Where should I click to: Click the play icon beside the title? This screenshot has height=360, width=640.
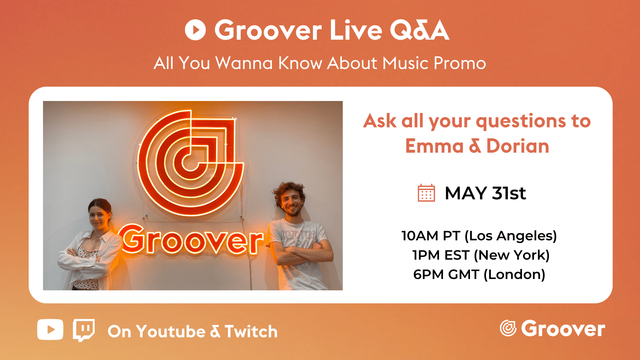tap(195, 30)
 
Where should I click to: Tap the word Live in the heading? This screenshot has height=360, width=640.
tap(356, 30)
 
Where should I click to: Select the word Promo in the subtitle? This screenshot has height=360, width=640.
tap(460, 63)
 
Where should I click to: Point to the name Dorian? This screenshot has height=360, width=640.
tap(518, 146)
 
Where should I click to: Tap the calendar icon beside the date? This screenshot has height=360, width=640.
tap(426, 193)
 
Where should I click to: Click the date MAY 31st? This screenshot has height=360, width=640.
tap(485, 193)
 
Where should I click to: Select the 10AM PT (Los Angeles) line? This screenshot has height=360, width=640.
tap(479, 236)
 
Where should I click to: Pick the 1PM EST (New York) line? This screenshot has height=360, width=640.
tap(481, 255)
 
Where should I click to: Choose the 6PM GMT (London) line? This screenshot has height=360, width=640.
tap(479, 275)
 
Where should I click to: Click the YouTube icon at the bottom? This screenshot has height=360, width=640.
tap(50, 329)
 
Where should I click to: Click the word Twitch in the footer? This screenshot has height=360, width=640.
tap(251, 332)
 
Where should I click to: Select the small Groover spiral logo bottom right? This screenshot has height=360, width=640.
tap(508, 328)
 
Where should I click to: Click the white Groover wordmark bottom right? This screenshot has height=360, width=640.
tap(563, 329)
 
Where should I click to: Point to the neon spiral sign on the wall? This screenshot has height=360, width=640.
tap(191, 163)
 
